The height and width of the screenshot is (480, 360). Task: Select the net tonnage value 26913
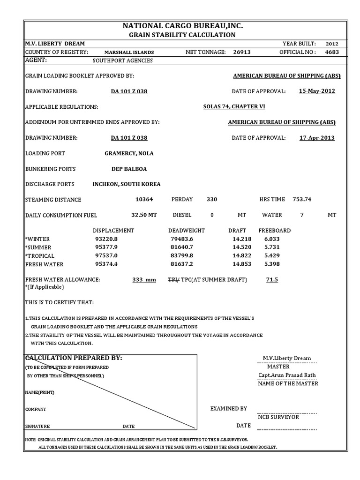242,52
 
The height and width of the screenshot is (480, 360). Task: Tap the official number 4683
332,52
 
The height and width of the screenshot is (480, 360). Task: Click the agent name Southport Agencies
123,60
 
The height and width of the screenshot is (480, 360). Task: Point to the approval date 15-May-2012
317,91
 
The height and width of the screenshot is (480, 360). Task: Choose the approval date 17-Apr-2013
317,138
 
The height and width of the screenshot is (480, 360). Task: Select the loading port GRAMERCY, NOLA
129,153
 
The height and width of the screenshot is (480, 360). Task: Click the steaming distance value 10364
144,199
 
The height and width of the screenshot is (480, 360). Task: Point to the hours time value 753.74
302,199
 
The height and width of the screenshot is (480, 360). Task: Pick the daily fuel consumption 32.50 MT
144,215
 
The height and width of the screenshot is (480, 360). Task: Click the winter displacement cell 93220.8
106,239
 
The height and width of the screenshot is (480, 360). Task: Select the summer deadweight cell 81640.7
181,247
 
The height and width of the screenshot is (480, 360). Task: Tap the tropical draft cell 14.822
242,255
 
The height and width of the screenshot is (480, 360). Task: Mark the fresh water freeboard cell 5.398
272,264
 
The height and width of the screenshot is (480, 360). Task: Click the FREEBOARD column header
275,231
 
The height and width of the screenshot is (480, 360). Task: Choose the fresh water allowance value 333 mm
144,280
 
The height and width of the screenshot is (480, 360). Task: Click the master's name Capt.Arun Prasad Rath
287,375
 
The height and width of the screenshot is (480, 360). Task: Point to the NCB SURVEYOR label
278,417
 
